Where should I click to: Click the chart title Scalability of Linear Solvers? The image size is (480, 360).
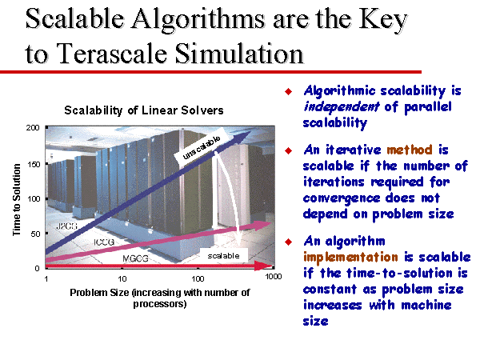[144, 110]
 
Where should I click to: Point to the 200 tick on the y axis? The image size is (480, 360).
[33, 128]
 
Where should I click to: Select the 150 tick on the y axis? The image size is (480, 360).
[34, 164]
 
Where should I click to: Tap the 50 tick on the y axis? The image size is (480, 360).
[35, 234]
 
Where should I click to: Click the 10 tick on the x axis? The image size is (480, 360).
[122, 278]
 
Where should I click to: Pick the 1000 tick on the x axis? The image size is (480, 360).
[274, 277]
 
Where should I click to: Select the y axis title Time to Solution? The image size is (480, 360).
[16, 199]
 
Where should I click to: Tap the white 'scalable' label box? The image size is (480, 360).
[223, 256]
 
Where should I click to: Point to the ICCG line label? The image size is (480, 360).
[104, 242]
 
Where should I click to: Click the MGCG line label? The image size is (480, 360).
[135, 258]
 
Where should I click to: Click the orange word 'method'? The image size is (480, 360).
[410, 150]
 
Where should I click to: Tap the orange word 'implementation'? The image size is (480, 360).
[350, 257]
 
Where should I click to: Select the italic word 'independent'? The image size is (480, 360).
[342, 107]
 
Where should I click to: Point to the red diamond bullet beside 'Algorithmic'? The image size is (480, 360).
[288, 91]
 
